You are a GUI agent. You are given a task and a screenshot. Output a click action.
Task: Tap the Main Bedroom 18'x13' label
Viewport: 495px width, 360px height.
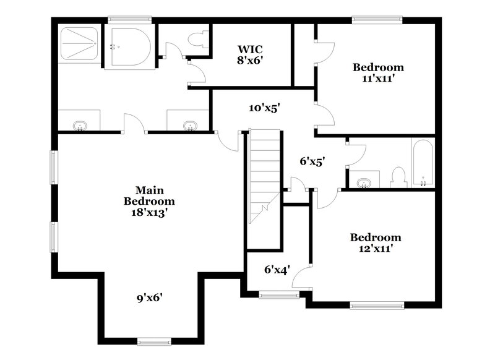[149, 200]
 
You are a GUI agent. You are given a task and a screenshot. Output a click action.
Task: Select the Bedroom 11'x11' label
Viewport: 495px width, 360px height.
[378, 72]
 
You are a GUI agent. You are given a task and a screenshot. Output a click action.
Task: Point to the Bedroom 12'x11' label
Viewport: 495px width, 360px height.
[376, 242]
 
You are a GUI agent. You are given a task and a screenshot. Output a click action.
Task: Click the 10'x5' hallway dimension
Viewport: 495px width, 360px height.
[265, 108]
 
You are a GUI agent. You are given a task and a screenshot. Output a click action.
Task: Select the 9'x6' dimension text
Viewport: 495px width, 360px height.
[149, 298]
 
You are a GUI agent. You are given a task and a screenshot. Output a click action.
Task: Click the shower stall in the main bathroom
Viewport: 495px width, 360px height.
[79, 42]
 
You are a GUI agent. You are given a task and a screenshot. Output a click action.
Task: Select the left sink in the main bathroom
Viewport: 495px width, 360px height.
[79, 126]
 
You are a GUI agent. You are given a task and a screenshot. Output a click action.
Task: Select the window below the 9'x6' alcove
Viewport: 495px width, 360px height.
[154, 341]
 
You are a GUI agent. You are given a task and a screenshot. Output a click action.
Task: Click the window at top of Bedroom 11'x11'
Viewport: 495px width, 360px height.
[377, 20]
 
